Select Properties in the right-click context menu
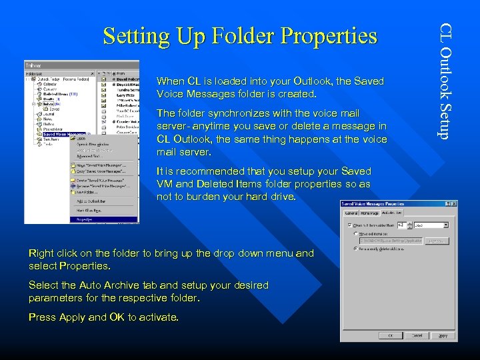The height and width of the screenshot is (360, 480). [84, 219]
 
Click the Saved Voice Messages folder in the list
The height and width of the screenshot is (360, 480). [64, 134]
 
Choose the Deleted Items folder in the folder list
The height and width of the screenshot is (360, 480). [56, 95]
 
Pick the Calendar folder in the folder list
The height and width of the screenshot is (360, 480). [51, 84]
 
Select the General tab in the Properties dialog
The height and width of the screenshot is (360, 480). [351, 213]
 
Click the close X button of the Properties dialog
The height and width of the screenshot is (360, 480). [454, 203]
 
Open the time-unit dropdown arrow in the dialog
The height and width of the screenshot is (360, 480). [446, 225]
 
